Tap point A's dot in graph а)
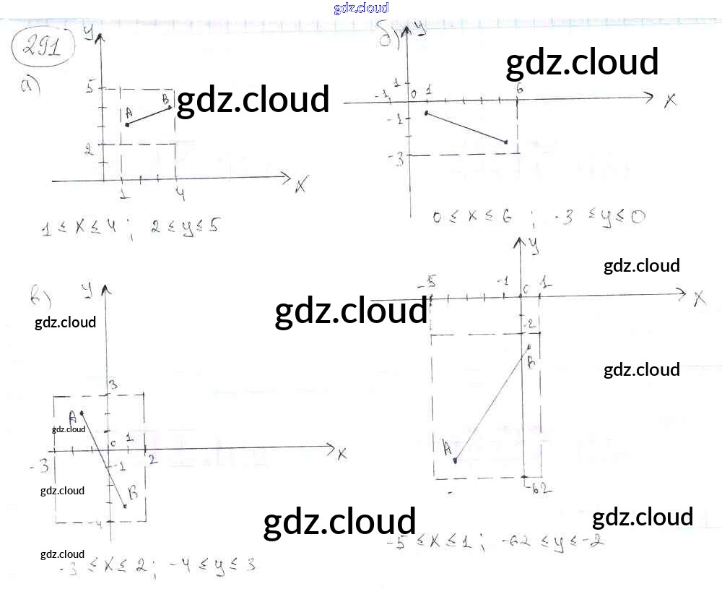pyautogui.click(x=128, y=124)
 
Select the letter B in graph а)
pyautogui.click(x=165, y=99)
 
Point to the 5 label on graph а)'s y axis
pyautogui.click(x=90, y=87)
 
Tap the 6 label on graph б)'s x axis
pyautogui.click(x=519, y=88)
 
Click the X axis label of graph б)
pyautogui.click(x=670, y=100)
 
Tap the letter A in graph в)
pyautogui.click(x=72, y=416)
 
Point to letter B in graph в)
pyautogui.click(x=133, y=493)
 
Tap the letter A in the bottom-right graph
pyautogui.click(x=448, y=448)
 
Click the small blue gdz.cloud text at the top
pyautogui.click(x=361, y=8)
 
